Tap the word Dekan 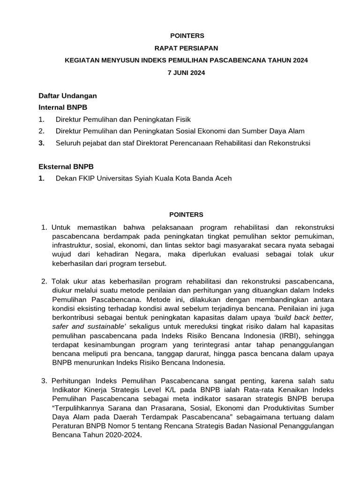[x=65, y=179]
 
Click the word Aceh [x=223, y=179]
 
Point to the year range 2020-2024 [x=120, y=434]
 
